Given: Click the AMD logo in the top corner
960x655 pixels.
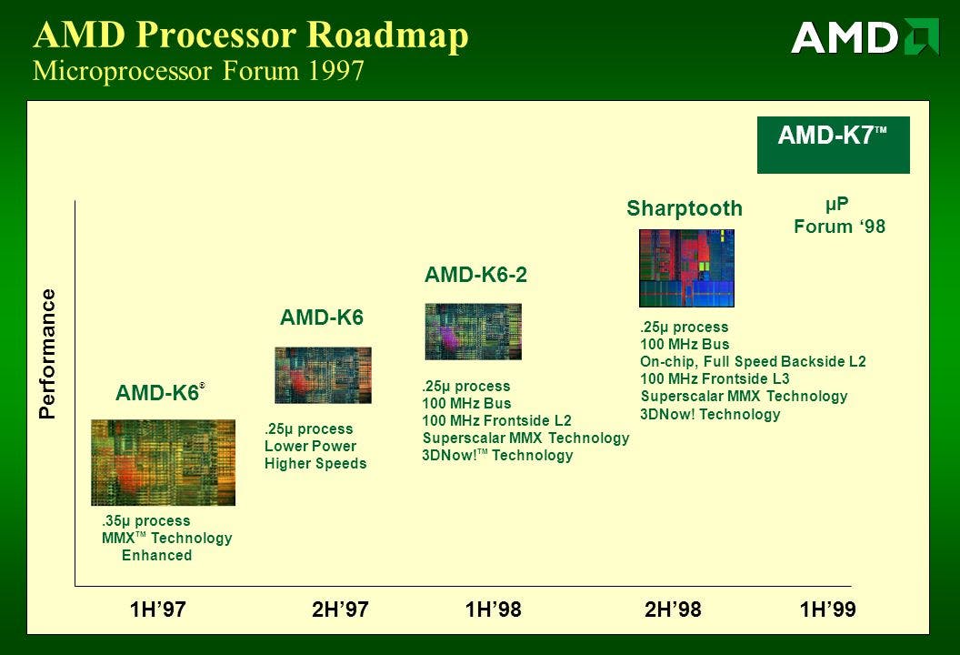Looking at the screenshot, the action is coord(865,36).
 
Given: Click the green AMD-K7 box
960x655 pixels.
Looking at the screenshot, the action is coord(834,145).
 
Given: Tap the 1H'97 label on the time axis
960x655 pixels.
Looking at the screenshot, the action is coord(157,610).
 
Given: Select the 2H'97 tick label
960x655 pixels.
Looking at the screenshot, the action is coord(340,610).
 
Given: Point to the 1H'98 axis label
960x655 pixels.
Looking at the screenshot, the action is coord(493,610).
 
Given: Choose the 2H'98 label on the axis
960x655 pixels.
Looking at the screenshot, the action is coord(673,610).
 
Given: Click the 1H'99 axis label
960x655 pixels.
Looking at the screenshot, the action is coord(828,610).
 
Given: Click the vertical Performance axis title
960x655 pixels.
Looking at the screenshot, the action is coord(47,354).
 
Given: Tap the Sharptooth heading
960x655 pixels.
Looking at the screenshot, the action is coord(685,208).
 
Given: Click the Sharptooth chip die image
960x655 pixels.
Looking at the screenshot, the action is coord(686,267).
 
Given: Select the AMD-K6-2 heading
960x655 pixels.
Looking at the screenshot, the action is coord(475,275).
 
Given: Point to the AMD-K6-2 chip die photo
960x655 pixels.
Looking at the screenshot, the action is coord(474,331).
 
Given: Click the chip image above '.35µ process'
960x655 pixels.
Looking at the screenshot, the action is coord(163,463).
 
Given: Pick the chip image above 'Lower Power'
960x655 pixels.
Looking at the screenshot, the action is coord(323,375).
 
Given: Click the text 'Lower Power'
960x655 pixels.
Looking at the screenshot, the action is coord(310,446).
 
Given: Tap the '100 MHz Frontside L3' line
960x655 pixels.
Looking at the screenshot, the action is coord(715,378).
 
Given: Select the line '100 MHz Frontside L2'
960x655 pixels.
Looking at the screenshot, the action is coord(496,420).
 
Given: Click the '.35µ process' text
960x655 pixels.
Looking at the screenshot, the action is coord(145,520).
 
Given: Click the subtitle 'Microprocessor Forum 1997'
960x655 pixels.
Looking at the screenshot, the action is coord(198,70).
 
